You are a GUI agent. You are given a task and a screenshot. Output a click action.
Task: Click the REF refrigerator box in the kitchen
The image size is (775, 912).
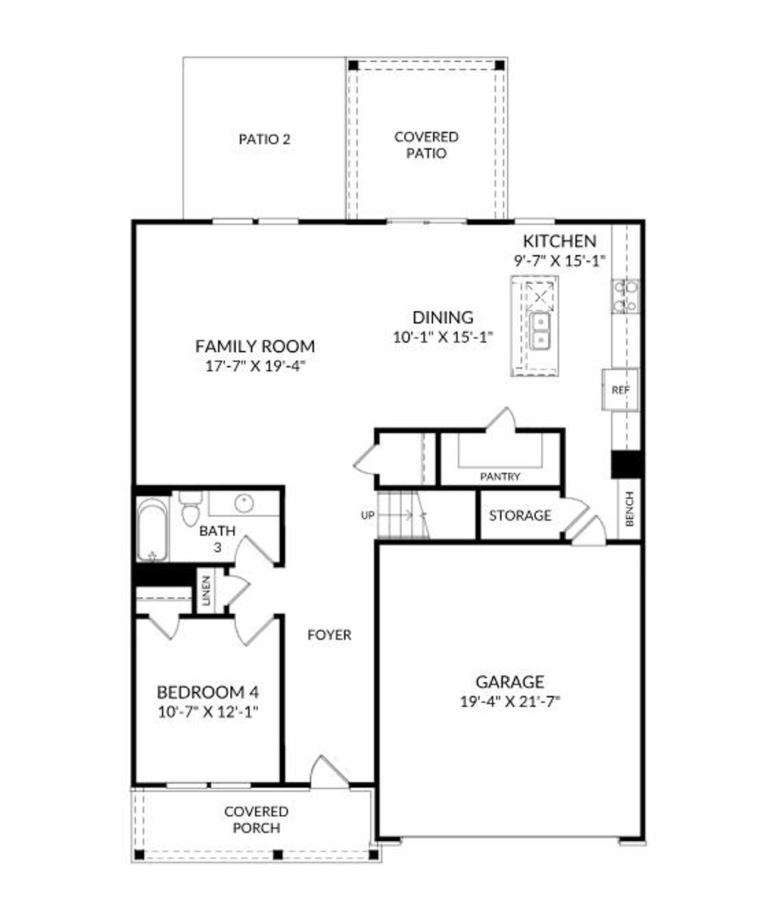pos(621,390)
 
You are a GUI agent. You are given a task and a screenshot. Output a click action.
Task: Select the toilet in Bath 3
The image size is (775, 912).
pos(189,507)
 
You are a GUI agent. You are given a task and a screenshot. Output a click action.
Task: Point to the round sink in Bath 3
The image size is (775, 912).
pos(244,503)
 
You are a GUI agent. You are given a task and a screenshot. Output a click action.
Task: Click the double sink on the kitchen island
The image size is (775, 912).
pos(541,330)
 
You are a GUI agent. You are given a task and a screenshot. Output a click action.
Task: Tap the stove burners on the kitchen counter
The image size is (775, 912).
pos(625,296)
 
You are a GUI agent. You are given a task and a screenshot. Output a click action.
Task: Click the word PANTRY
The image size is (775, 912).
pos(500,477)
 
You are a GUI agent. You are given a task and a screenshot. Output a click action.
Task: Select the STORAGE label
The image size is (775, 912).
pos(519,515)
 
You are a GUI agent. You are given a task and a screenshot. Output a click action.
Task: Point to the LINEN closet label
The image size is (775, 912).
pos(205,590)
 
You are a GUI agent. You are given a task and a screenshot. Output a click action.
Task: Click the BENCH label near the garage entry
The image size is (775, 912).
pos(629,509)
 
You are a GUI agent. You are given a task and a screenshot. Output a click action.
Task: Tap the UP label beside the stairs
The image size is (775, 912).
pos(368,515)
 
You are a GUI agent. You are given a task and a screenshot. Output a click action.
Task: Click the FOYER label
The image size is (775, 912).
pos(329,635)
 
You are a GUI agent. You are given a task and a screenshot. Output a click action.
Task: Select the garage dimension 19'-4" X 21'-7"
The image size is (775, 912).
pos(509,701)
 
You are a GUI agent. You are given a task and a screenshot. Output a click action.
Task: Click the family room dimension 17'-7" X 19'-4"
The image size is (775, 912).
pos(255,365)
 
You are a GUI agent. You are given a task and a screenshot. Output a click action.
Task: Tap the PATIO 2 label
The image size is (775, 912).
pos(264,139)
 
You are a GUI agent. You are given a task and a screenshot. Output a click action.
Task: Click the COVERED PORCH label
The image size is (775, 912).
pos(256,820)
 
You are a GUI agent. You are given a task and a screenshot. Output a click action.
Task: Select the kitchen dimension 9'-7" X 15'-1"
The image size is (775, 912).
pos(559,259)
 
